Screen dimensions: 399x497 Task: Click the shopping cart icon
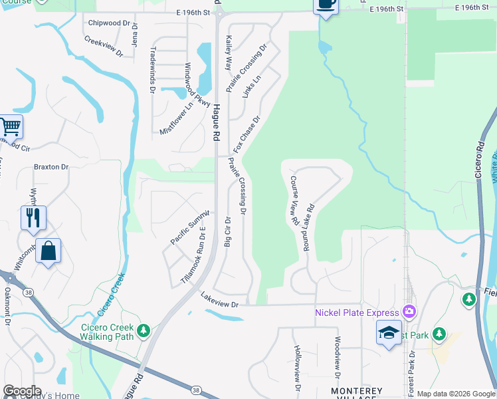point(10,126)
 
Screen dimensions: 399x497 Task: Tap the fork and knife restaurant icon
point(33,217)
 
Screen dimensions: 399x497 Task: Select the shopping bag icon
point(48,251)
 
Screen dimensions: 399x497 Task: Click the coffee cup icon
point(325,4)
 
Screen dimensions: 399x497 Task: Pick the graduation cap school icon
point(389,332)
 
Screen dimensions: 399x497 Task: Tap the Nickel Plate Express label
point(357,312)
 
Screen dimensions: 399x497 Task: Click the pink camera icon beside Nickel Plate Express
point(409,311)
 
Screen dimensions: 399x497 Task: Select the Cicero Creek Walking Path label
point(107,331)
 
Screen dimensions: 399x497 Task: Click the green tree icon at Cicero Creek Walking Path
point(143,330)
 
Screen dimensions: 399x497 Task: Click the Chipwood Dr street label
point(109,23)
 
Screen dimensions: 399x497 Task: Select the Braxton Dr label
point(51,167)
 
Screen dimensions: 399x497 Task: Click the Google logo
point(21,391)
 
